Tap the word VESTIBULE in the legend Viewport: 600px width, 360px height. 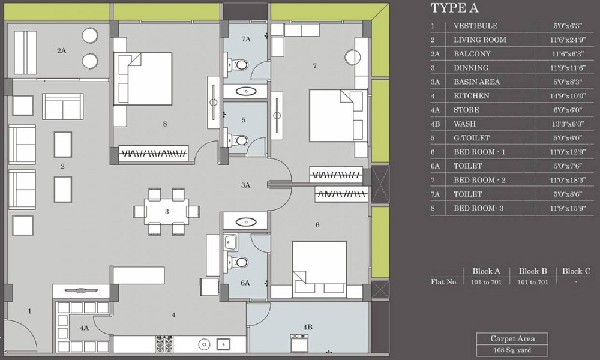tap(476, 26)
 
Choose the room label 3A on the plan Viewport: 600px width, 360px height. tap(245, 185)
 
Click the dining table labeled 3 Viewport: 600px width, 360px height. tap(166, 211)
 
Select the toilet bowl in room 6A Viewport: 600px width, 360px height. tap(241, 262)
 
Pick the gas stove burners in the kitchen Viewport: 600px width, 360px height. tap(164, 344)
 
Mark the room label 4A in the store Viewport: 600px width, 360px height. tap(83, 328)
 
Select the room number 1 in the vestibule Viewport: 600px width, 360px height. tap(29, 311)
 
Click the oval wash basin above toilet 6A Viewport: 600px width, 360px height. tap(245, 221)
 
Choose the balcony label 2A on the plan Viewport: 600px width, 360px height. tap(61, 51)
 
